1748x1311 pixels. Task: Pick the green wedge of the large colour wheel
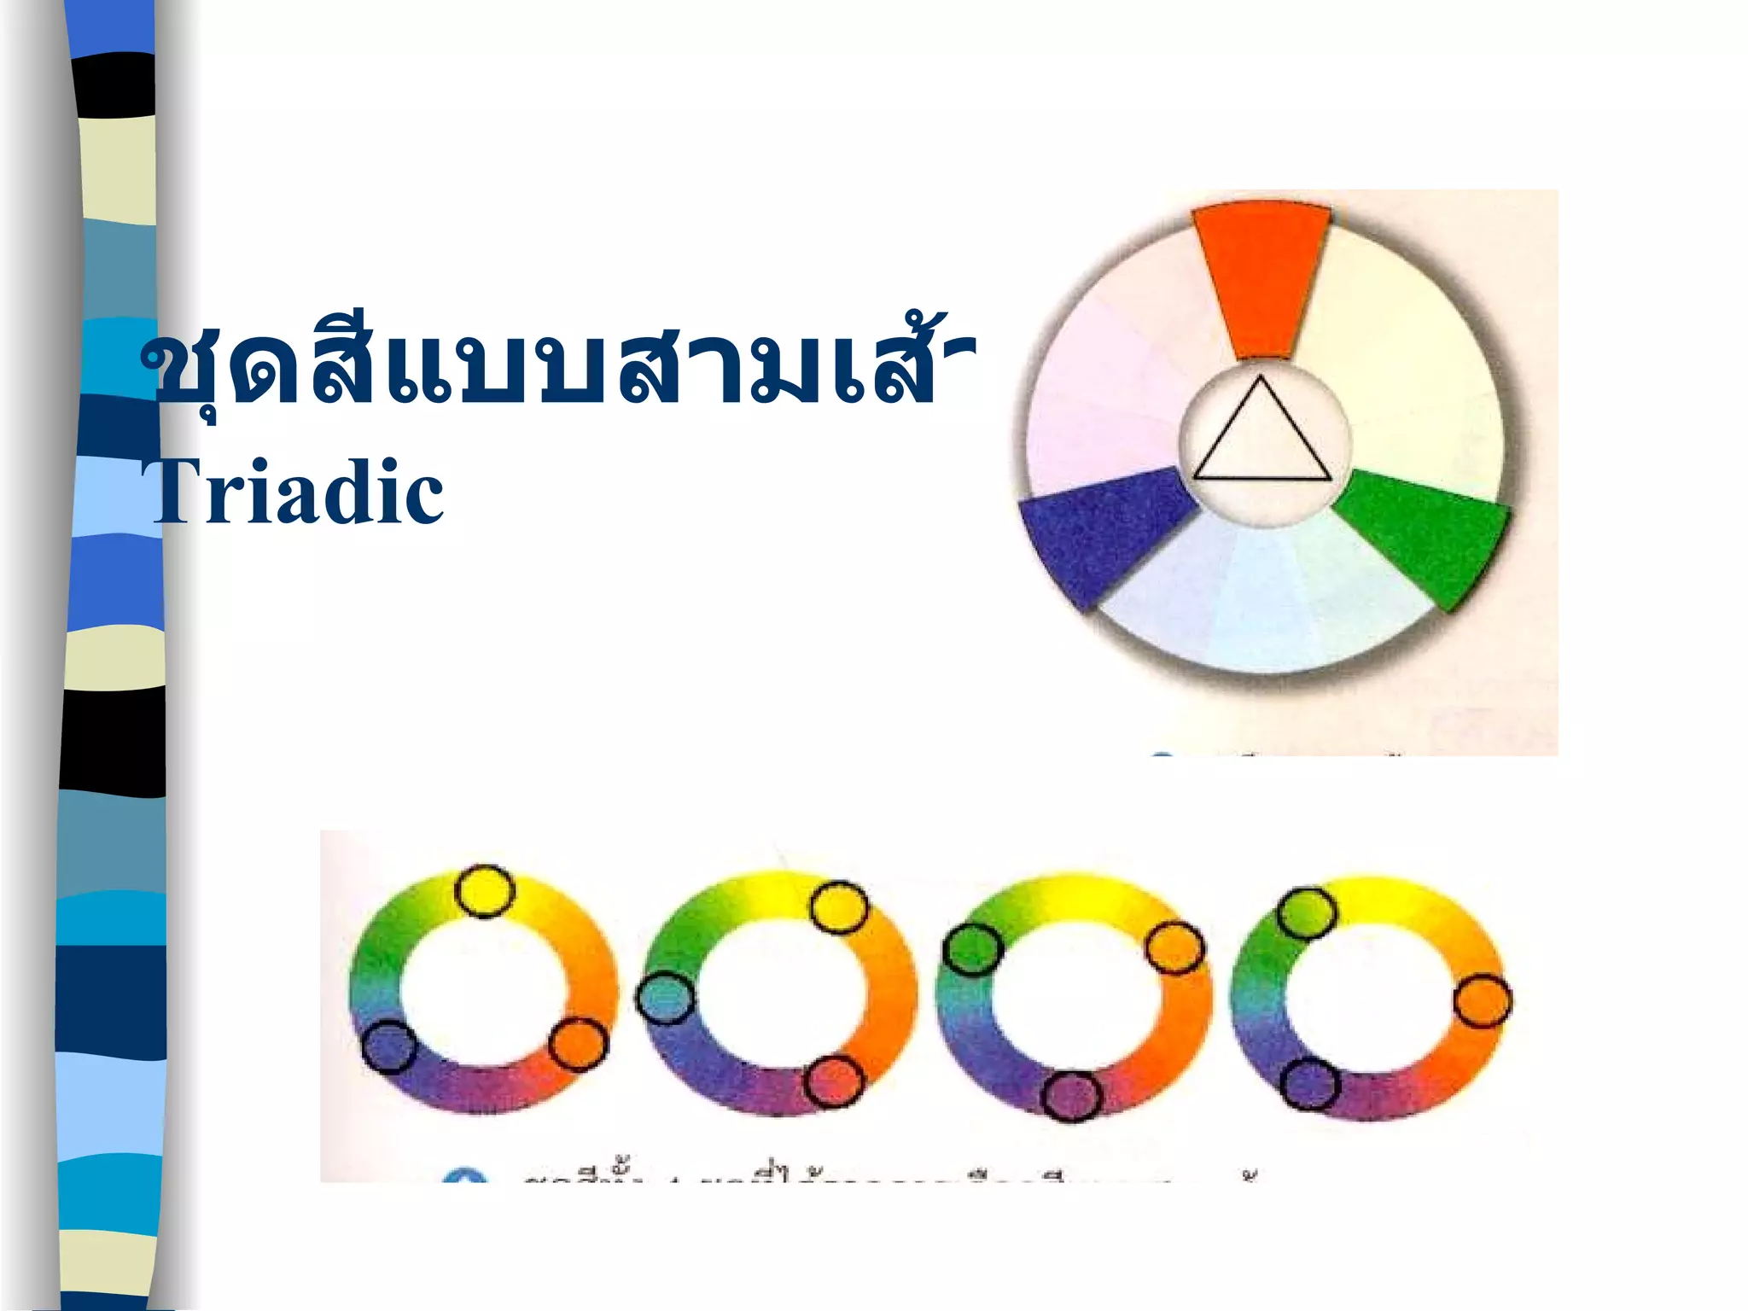1421,533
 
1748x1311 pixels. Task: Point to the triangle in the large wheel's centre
1261,436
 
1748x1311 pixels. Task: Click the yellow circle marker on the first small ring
485,891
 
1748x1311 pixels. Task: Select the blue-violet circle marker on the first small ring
389,1046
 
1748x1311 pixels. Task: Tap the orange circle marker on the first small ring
578,1044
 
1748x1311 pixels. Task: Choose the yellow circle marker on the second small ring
839,907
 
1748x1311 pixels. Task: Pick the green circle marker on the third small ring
972,949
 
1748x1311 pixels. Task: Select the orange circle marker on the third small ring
1174,947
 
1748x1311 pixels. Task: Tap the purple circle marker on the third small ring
1072,1096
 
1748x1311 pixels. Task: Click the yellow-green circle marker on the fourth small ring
1307,912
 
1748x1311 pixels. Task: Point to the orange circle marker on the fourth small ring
1483,1001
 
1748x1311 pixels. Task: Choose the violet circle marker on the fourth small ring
1309,1083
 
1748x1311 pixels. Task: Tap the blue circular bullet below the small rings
465,1179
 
